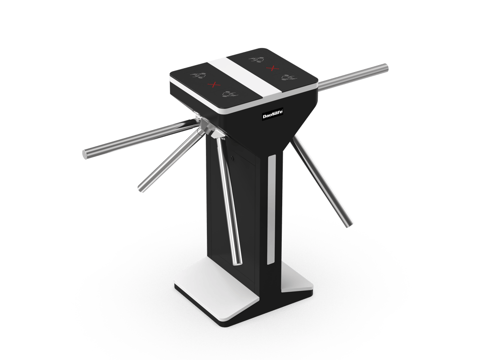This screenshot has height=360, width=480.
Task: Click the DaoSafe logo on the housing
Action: [273, 114]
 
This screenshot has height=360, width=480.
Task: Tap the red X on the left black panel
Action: [214, 84]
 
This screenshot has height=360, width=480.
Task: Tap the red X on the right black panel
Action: [272, 68]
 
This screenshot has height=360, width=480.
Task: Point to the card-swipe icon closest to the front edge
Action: [230, 94]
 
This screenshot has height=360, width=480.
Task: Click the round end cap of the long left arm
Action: [85, 155]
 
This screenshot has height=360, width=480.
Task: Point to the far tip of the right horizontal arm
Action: [385, 68]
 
